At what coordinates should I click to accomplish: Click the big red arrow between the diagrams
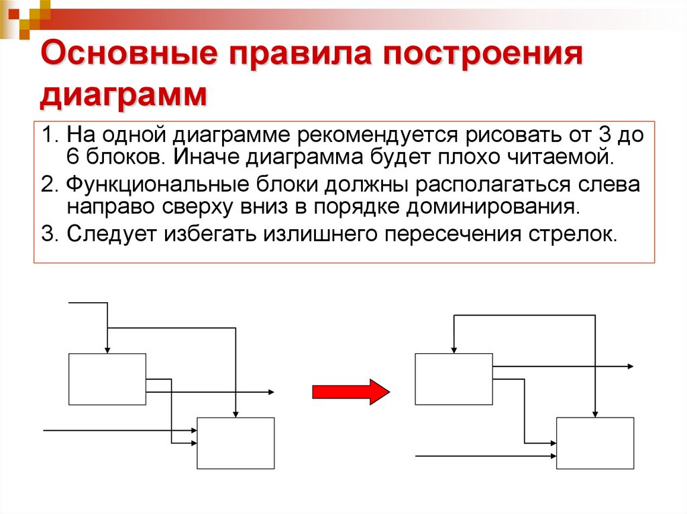(351, 391)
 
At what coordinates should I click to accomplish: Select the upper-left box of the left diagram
(107, 379)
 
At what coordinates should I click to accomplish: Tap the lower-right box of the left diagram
(235, 443)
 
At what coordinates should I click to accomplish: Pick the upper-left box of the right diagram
(454, 379)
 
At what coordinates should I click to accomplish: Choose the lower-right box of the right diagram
(595, 443)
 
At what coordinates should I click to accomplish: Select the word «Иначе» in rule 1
(203, 158)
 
